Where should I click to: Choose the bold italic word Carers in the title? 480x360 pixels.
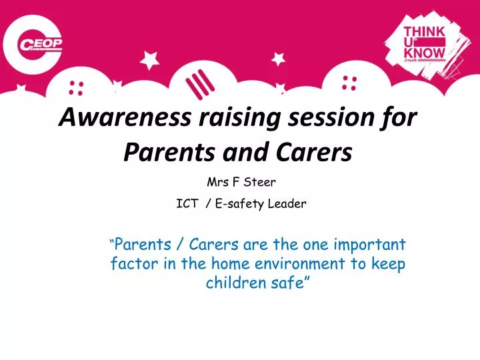[x=317, y=153]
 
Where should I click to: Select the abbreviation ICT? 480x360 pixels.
[x=187, y=205]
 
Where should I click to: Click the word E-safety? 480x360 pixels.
[x=241, y=205]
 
